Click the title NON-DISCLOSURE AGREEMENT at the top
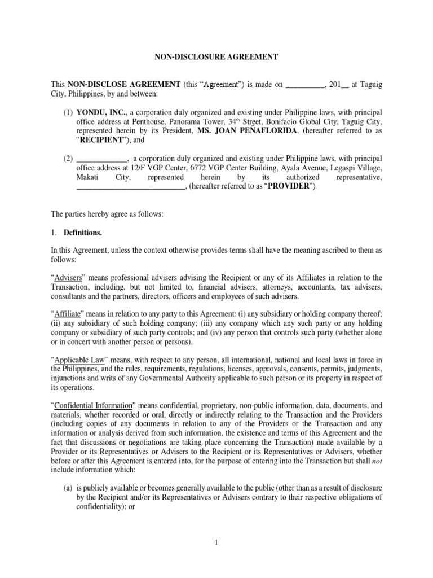(216, 56)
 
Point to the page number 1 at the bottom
(216, 543)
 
